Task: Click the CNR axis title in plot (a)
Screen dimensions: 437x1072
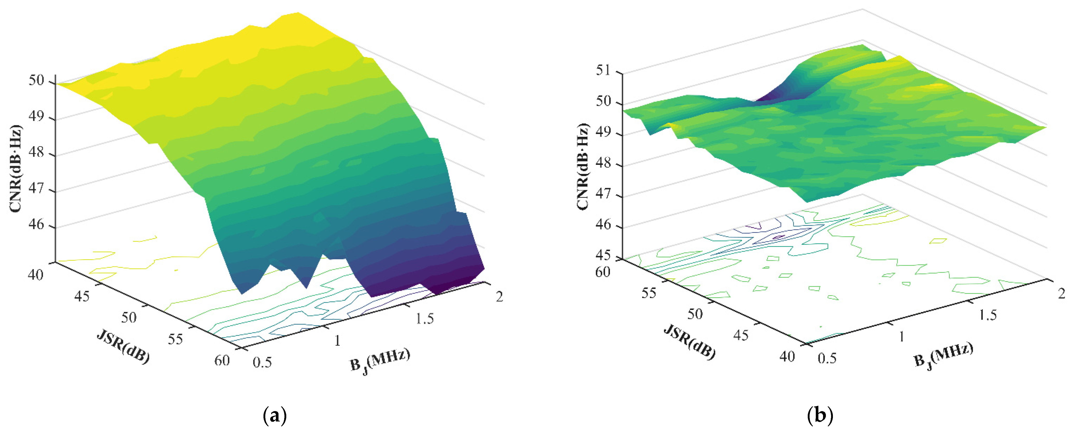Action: pos(16,168)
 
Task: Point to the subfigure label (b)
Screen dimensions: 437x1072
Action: pos(820,415)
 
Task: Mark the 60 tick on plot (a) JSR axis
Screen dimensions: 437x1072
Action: pos(222,360)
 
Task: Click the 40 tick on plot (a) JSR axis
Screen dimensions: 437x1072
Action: pos(35,275)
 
